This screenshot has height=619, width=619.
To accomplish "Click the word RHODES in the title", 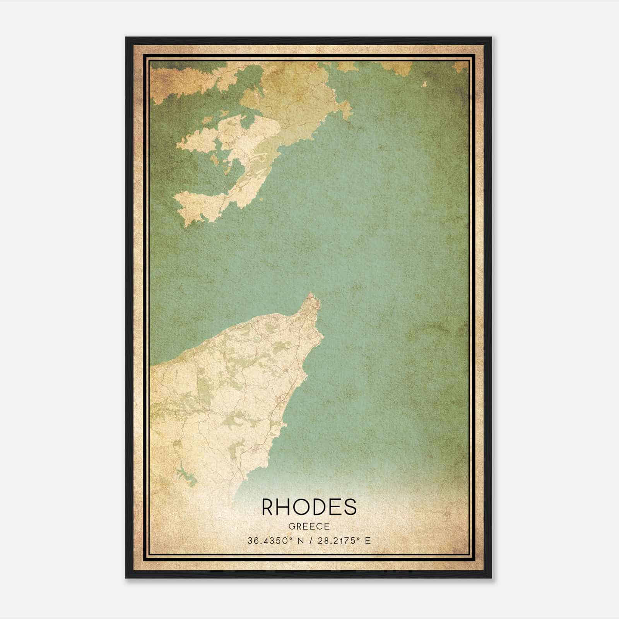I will (309, 507).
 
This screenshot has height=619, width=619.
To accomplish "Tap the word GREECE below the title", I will (309, 527).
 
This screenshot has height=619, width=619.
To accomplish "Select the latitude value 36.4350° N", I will (275, 540).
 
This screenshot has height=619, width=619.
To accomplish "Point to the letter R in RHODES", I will (268, 507).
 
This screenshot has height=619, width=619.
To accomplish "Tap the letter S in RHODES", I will (349, 507).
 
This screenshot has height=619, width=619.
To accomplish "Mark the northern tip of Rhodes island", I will (310, 294).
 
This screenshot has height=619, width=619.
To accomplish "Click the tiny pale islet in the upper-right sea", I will (424, 84).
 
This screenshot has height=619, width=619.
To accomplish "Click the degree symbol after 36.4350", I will (289, 538).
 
